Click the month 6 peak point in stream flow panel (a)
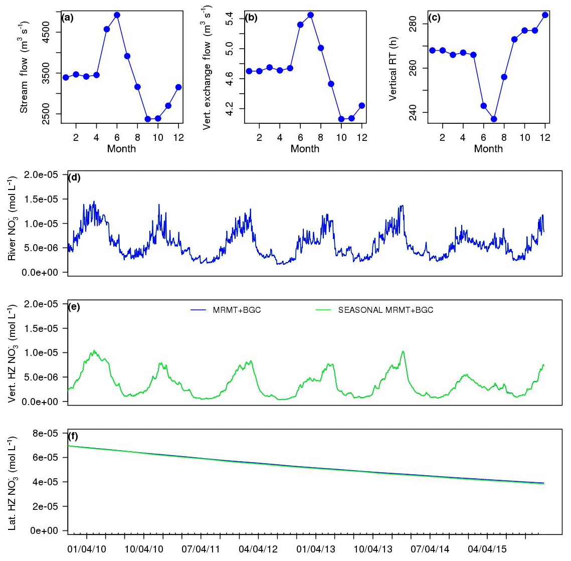pos(117,15)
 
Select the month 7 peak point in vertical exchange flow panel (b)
pos(310,15)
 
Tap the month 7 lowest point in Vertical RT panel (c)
pos(494,119)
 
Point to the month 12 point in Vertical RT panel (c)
pos(545,15)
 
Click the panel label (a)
pos(67,18)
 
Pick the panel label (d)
pos(74,176)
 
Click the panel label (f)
pos(73,436)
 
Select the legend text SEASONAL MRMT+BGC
pos(386,310)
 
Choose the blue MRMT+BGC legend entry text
pos(237,310)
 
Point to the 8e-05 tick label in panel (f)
pos(45,433)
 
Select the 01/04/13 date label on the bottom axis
pos(315,549)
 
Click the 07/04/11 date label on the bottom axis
pos(200,549)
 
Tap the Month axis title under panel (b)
pos(305,148)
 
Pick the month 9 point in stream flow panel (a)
pos(148,119)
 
